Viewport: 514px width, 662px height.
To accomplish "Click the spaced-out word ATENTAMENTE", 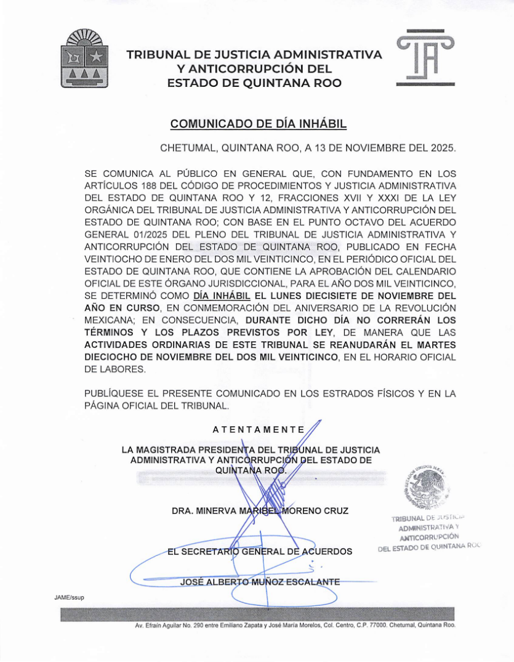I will [x=258, y=429].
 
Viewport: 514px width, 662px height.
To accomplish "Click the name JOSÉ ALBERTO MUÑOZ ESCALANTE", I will [x=259, y=581].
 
